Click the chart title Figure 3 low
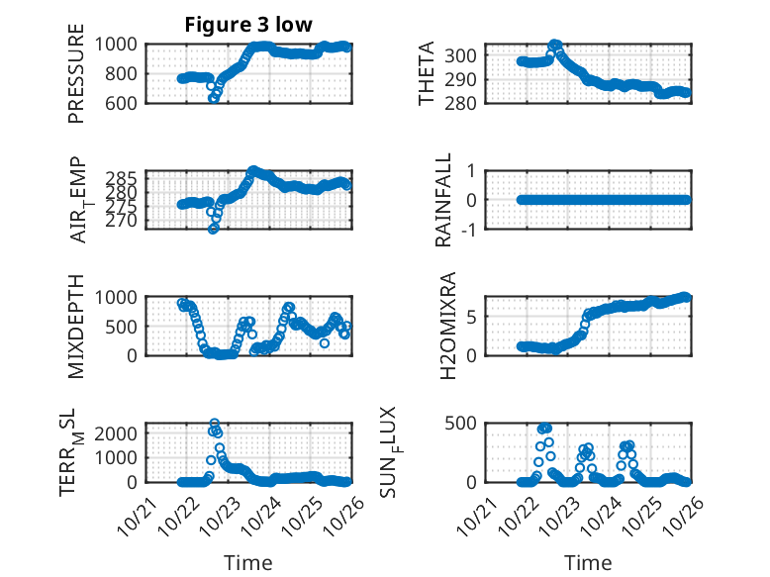248,25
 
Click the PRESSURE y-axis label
77,73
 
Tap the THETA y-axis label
427,73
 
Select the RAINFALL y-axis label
444,199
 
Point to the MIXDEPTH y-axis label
77,326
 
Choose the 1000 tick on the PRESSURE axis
121,44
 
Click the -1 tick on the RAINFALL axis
470,229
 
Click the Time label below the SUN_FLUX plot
588,563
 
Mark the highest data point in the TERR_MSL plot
214,424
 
